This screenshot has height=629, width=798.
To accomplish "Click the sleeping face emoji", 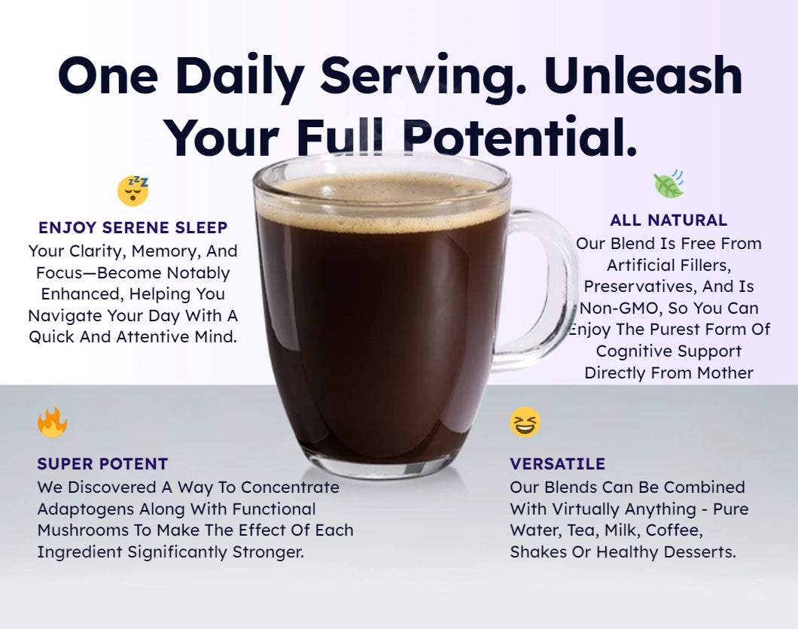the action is coord(132,190).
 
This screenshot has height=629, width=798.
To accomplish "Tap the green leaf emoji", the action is coord(669,184).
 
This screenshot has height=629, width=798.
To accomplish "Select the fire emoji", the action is coord(52,422).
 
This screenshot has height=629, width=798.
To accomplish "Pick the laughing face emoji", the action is coord(525,422).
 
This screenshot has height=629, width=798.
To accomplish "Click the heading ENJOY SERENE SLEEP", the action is coord(132,227).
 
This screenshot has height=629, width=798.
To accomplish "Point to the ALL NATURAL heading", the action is coord(669,220).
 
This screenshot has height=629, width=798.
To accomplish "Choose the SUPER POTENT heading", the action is coord(102,463).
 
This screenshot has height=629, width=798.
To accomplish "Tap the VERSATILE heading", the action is coord(557,463).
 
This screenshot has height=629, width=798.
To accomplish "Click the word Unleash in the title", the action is coord(643,76).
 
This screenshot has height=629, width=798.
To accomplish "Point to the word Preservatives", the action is coord(641,287).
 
